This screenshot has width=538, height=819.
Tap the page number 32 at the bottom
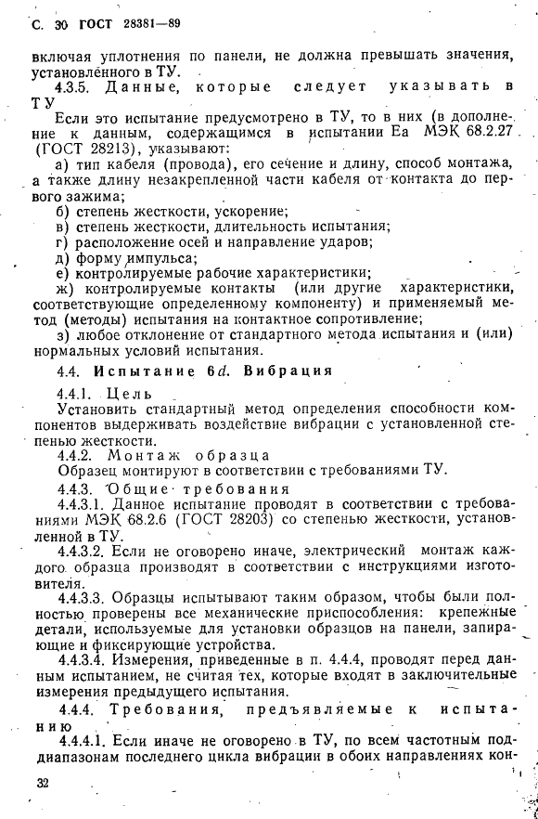pyautogui.click(x=39, y=784)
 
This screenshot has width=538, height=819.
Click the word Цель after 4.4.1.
pyautogui.click(x=129, y=393)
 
